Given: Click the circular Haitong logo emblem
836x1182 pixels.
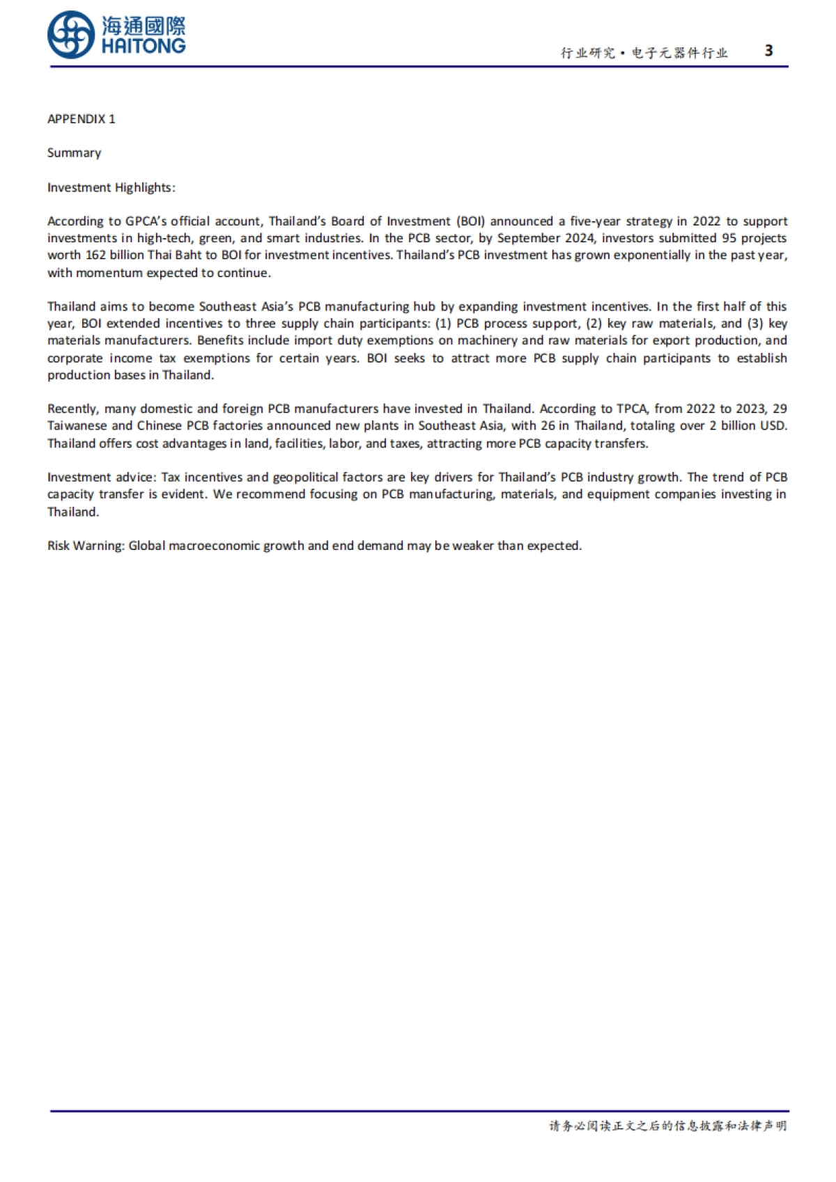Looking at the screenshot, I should [71, 35].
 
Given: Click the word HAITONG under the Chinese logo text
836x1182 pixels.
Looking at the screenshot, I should [144, 47].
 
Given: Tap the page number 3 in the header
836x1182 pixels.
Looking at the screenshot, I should [768, 50].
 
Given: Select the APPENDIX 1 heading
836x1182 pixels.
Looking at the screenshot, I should [82, 119].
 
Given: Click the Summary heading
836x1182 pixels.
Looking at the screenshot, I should [74, 152].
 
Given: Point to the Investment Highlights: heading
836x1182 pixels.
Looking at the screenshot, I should [111, 187].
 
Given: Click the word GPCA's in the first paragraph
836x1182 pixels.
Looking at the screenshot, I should [146, 221].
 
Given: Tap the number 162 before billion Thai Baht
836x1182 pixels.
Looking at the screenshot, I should [95, 255].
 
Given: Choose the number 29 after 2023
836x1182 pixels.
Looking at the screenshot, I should [780, 409].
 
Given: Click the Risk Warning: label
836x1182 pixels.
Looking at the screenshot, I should [86, 546].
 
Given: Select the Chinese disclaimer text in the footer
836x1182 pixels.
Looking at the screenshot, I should [667, 1126].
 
